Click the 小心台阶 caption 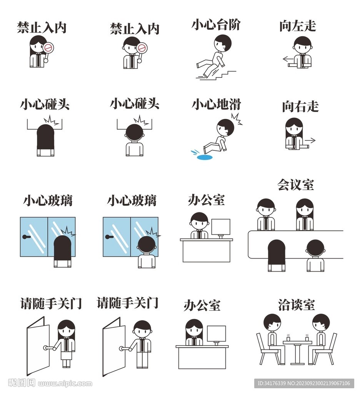coord(216,25)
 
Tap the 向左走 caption coord(297,26)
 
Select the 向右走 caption coord(300,107)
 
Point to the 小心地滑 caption coord(216,104)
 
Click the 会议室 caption coord(295,185)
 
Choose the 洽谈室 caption coord(296,304)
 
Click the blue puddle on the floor coord(204,157)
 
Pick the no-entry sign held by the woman coord(48,48)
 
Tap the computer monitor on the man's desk coord(221,227)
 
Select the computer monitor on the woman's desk coord(216,334)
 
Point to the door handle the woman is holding coord(47,348)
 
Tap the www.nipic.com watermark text coord(65,384)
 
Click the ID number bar coord(304,383)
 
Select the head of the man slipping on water coord(225,127)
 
